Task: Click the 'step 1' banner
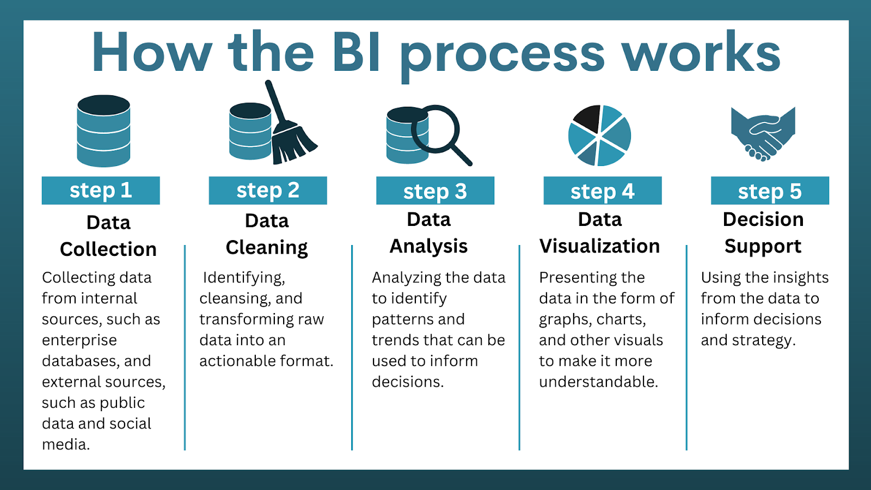(x=101, y=191)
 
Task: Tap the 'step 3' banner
(x=435, y=191)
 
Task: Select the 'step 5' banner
(x=770, y=191)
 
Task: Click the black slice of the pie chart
(x=587, y=118)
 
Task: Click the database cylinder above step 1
(x=103, y=131)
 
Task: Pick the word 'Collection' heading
(x=108, y=249)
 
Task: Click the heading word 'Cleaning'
(x=267, y=248)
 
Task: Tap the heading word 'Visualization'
(x=599, y=246)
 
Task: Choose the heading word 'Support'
(x=763, y=247)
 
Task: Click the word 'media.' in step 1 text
(x=66, y=445)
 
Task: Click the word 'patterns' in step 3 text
(x=399, y=320)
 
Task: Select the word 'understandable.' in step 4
(x=598, y=382)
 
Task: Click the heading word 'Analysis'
(x=428, y=247)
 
